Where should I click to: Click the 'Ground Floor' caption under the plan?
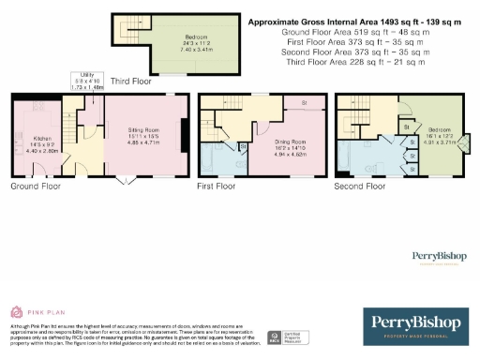(36, 187)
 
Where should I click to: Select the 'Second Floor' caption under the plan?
(361, 187)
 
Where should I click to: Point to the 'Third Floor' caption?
(131, 82)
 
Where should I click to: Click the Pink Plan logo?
(28, 310)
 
